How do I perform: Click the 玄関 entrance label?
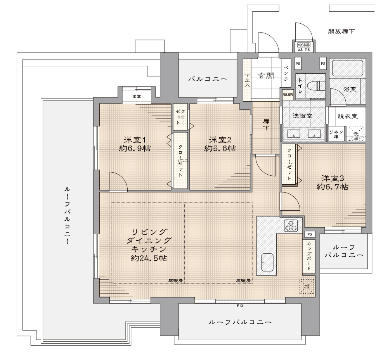pyautogui.click(x=266, y=76)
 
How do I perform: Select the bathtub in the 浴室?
pyautogui.click(x=347, y=67)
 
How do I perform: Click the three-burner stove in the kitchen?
pyautogui.click(x=291, y=225)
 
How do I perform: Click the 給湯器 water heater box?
pyautogui.click(x=304, y=45)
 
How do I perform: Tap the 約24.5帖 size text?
pyautogui.click(x=149, y=258)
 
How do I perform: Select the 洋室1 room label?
pyautogui.click(x=135, y=140)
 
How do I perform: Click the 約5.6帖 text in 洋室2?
pyautogui.click(x=220, y=148)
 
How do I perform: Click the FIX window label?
pyautogui.click(x=240, y=306)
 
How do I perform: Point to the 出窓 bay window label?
pyautogui.click(x=137, y=97)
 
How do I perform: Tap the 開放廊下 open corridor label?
pyautogui.click(x=341, y=31)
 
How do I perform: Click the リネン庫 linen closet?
pyautogui.click(x=336, y=134)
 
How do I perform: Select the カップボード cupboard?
pyautogui.click(x=309, y=256)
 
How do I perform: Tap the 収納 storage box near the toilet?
pyautogui.click(x=288, y=94)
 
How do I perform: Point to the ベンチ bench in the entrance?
pyautogui.click(x=286, y=73)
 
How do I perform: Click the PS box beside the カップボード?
pyautogui.click(x=309, y=234)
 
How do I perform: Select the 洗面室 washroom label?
pyautogui.click(x=302, y=116)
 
